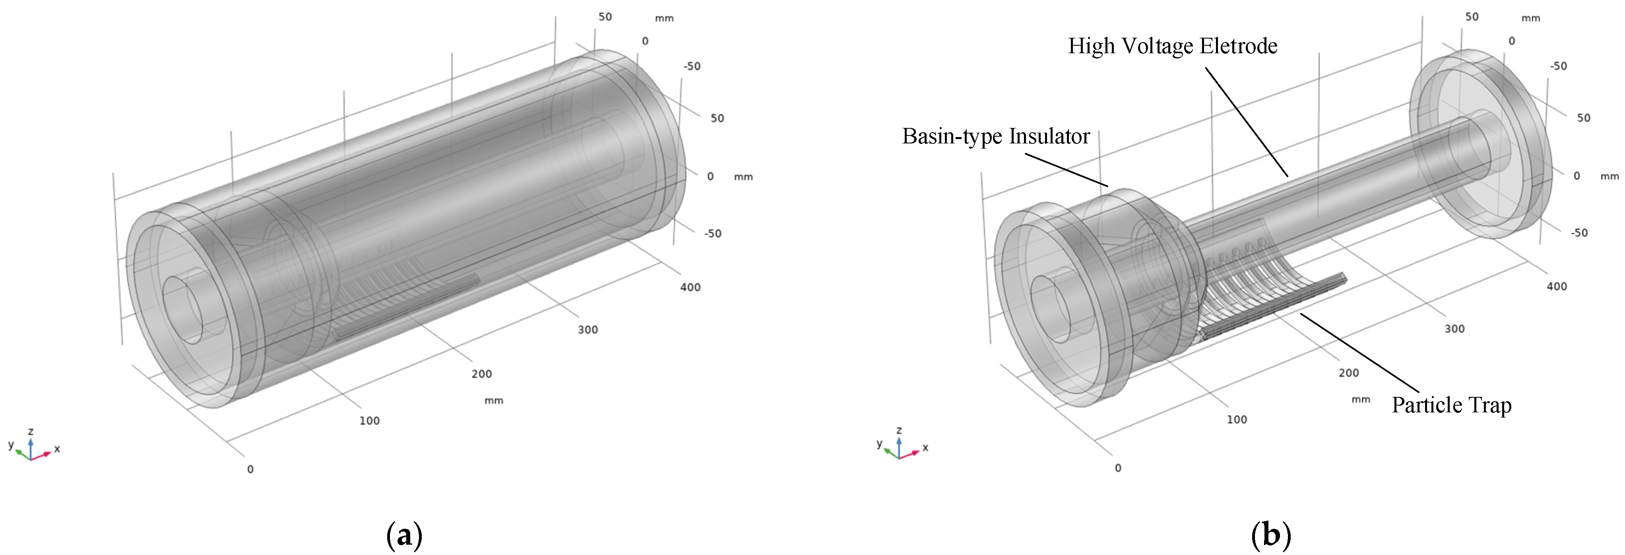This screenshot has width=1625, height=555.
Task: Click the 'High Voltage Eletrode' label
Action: (x=1172, y=46)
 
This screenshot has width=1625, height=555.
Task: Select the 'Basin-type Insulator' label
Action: (x=995, y=136)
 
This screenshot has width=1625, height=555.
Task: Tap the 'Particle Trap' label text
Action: (x=1451, y=405)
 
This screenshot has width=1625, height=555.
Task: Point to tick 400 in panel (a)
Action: (x=690, y=287)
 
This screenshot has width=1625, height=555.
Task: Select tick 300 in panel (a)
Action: (x=587, y=329)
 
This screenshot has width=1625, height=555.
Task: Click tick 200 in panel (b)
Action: (x=1349, y=373)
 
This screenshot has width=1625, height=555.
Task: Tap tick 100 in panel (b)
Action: (x=1236, y=420)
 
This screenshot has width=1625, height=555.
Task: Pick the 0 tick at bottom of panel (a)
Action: (x=250, y=469)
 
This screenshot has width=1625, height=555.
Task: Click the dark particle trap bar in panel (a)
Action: (x=407, y=308)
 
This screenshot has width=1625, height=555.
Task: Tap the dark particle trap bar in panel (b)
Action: (x=1274, y=306)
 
